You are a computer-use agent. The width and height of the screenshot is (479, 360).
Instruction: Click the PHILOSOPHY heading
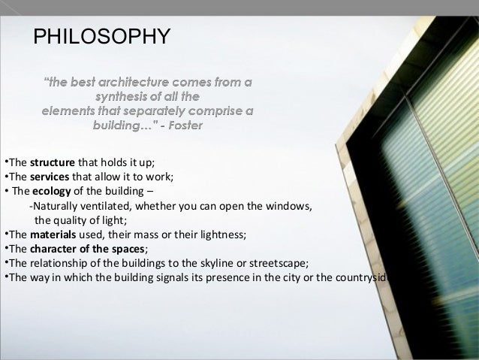[x=102, y=36]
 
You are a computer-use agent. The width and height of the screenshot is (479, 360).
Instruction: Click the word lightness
[x=221, y=234]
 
